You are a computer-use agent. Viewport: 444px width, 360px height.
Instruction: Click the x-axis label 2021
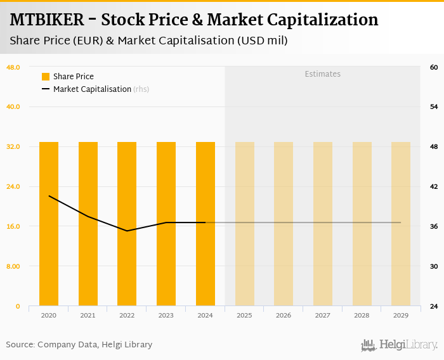click(88, 315)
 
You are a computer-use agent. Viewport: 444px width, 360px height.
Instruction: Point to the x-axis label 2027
click(323, 315)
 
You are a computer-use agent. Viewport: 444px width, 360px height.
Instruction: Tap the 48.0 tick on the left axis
click(13, 67)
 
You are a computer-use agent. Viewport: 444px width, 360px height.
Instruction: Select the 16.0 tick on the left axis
click(13, 226)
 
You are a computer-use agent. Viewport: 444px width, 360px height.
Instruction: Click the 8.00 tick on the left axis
click(13, 266)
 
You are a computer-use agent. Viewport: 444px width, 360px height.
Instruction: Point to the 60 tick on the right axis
click(434, 67)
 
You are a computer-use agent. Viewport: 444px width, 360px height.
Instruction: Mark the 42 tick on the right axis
click(434, 186)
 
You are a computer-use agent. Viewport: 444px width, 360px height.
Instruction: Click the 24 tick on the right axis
click(434, 306)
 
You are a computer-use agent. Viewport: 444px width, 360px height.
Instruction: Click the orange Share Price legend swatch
click(46, 77)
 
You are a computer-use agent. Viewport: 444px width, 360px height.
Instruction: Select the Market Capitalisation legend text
click(92, 89)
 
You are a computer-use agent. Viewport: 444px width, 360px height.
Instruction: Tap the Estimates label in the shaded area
click(322, 74)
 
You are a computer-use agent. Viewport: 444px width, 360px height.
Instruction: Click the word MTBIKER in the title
click(47, 20)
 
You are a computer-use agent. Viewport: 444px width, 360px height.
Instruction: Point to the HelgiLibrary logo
click(400, 345)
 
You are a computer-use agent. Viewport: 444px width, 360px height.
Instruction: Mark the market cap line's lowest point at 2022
click(127, 231)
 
